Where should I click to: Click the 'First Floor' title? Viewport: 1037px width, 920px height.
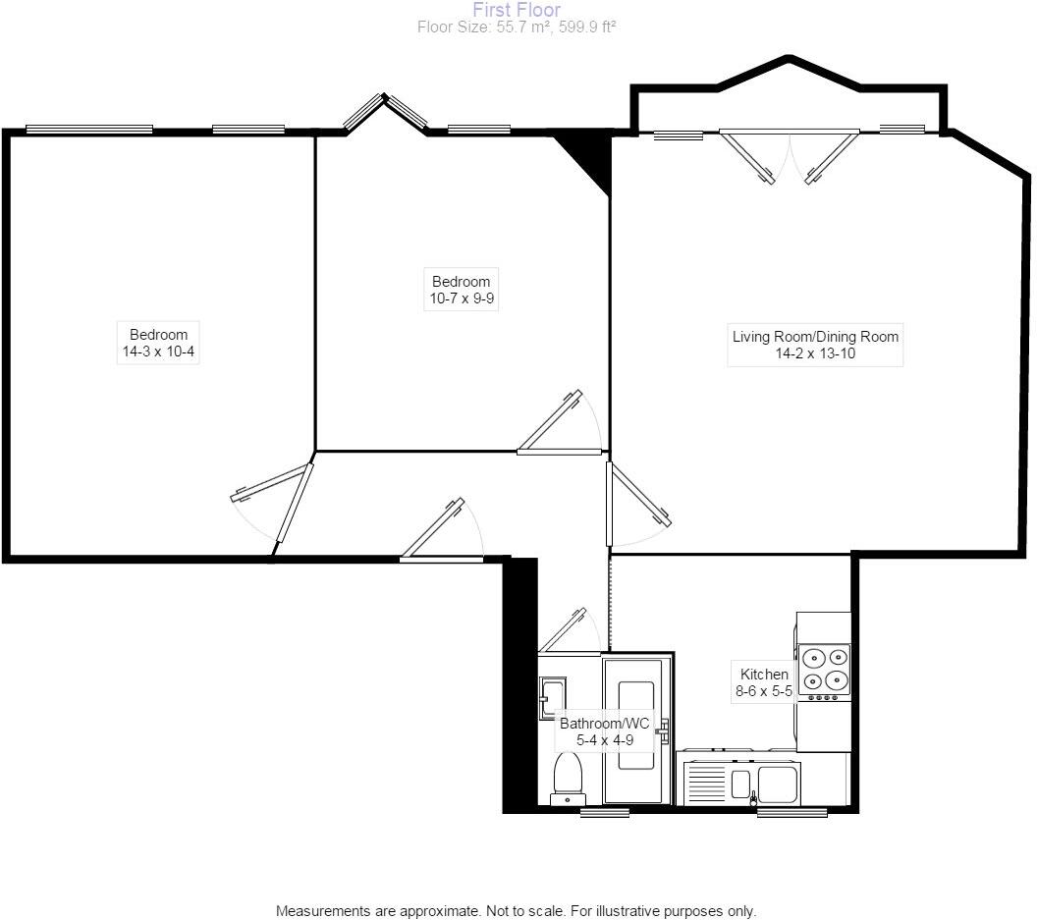pos(517,10)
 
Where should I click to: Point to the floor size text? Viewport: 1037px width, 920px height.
pos(517,27)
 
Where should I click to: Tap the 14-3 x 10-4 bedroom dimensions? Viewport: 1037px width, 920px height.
pos(157,352)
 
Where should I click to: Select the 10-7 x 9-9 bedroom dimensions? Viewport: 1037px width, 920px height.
pos(461,298)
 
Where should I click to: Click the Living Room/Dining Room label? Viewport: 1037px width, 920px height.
pos(815,337)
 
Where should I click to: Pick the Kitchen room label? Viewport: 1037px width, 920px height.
pos(763,675)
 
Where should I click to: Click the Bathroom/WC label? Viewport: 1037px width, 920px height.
pos(604,724)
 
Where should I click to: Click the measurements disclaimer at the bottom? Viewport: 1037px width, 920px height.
pos(517,910)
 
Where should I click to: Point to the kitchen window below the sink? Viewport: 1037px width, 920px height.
pos(791,813)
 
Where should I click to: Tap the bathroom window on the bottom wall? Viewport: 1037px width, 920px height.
pos(604,813)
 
